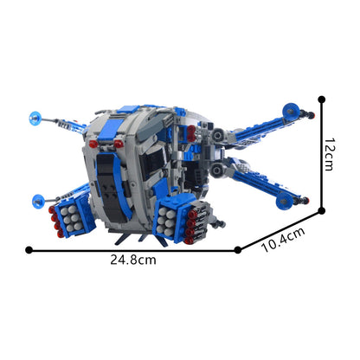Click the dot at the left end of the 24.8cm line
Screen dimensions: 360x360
click(29, 249)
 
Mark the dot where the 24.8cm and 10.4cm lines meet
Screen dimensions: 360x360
click(239, 249)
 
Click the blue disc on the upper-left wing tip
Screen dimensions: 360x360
click(35, 115)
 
